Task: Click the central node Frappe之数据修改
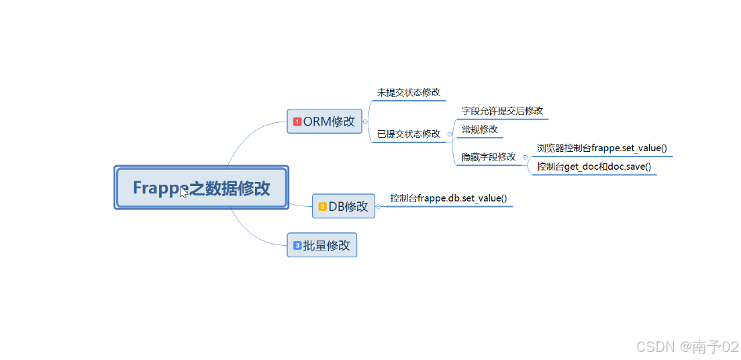pyautogui.click(x=201, y=187)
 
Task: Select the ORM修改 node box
pyautogui.click(x=325, y=122)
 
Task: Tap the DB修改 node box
pyautogui.click(x=344, y=206)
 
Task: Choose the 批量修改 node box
pyautogui.click(x=322, y=246)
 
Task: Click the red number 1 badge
pyautogui.click(x=297, y=122)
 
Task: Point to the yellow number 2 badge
pyautogui.click(x=322, y=206)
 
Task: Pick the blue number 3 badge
pyautogui.click(x=297, y=246)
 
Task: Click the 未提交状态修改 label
pyautogui.click(x=409, y=92)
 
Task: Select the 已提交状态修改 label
pyautogui.click(x=409, y=134)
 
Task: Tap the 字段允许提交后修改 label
pyautogui.click(x=502, y=111)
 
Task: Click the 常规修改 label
pyautogui.click(x=480, y=129)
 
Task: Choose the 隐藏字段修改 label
pyautogui.click(x=489, y=156)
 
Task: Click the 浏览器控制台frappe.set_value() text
pyautogui.click(x=602, y=148)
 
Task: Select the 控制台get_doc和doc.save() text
pyautogui.click(x=594, y=166)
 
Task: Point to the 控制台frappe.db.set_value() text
pyautogui.click(x=448, y=198)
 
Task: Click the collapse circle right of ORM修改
pyautogui.click(x=365, y=122)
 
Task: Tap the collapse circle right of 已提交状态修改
pyautogui.click(x=449, y=134)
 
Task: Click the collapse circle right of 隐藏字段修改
pyautogui.click(x=525, y=157)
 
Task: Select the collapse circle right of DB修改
pyautogui.click(x=379, y=206)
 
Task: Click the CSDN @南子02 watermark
pyautogui.click(x=687, y=346)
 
